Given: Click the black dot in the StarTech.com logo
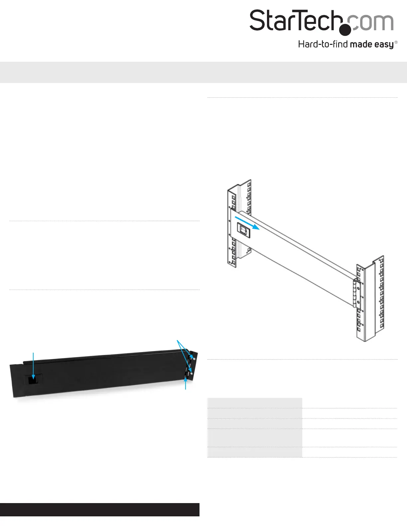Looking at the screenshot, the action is (345, 29).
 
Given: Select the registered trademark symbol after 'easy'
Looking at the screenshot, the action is (396, 43).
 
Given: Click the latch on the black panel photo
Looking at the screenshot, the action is (33, 380).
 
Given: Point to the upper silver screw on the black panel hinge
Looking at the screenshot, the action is (194, 359).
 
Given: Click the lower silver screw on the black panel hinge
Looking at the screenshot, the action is (191, 373).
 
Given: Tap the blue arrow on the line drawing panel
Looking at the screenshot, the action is (247, 222).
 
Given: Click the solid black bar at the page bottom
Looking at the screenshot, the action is (100, 509).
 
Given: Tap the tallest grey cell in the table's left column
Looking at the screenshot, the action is (255, 438).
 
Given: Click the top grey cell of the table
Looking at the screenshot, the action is (255, 403).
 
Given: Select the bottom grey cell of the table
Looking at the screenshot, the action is (255, 452).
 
